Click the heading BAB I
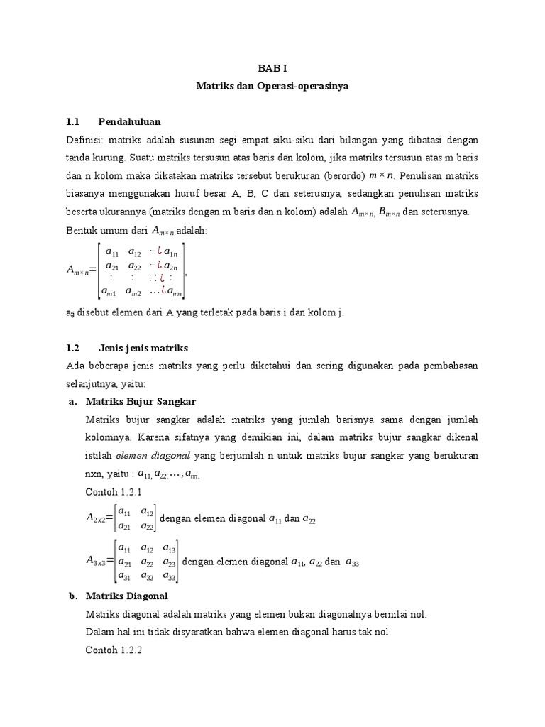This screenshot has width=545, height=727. pos(272,69)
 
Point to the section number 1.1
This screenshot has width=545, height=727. pos(73,121)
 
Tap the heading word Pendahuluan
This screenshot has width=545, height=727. pos(130,121)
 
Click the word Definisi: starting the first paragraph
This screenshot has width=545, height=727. pos(85,140)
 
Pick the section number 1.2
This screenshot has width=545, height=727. pos(73,348)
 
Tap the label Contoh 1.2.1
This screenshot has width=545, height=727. pos(114,491)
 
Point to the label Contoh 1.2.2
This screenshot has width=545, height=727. pos(114,650)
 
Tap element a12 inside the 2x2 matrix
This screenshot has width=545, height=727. pos(148,512)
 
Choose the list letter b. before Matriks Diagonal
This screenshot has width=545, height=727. pos(73,596)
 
